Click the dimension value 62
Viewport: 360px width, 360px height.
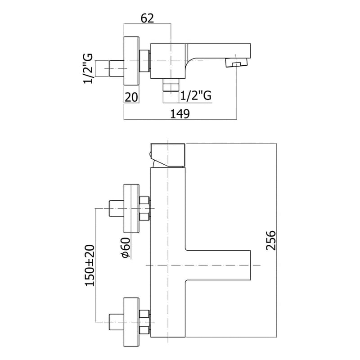[147, 18]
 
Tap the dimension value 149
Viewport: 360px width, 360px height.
[180, 113]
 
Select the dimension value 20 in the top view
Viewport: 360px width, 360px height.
[131, 96]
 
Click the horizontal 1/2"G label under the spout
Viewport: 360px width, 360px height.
[196, 96]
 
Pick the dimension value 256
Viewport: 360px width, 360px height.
[271, 243]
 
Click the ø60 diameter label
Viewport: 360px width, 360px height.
[126, 247]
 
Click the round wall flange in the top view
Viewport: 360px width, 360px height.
[131, 60]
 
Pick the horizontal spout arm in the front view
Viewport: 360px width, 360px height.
[218, 265]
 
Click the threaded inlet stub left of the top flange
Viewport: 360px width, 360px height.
[116, 68]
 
